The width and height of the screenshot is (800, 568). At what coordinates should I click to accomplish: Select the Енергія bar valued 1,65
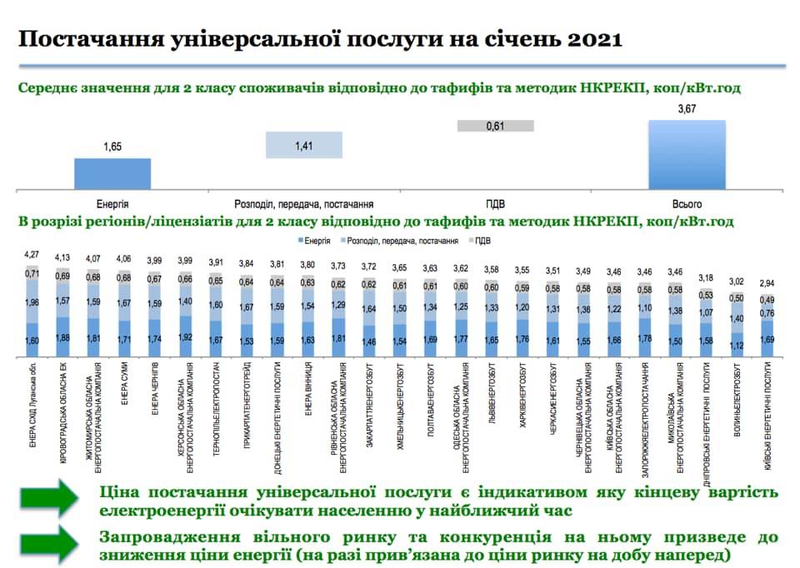click(112, 173)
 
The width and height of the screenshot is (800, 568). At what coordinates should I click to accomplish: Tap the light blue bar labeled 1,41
click(304, 145)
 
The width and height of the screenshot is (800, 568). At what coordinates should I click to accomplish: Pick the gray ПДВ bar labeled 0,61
click(495, 125)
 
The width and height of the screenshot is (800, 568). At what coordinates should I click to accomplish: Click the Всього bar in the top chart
click(687, 154)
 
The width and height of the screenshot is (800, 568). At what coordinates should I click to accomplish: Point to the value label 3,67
click(687, 109)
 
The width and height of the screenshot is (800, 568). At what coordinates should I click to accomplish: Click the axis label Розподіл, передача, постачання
click(304, 203)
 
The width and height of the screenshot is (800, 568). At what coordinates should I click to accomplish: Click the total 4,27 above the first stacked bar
click(32, 254)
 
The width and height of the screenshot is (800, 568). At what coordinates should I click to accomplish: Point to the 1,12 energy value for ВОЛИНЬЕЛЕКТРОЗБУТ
click(736, 347)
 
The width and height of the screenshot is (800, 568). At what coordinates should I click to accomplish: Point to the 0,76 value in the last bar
click(767, 314)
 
